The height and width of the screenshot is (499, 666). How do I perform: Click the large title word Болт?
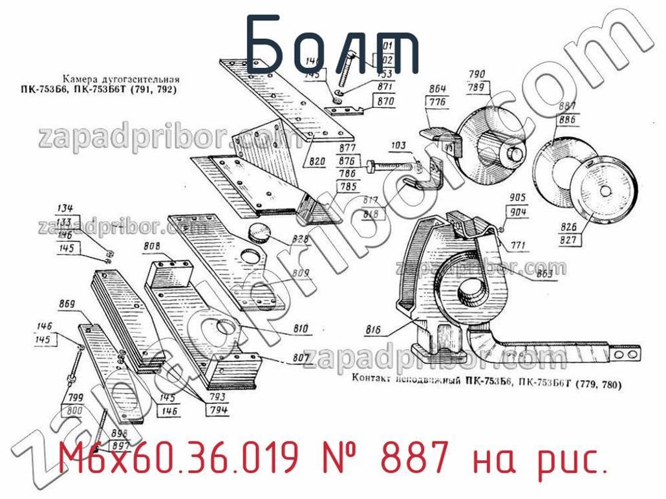[x=332, y=45]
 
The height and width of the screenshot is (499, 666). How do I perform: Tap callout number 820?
[x=317, y=162]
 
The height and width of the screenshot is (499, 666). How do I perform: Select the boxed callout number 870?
[x=385, y=101]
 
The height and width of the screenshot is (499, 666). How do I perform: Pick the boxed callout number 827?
[x=569, y=240]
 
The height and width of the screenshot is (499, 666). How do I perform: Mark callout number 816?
[x=373, y=330]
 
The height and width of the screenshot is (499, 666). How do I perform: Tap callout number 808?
[x=153, y=246]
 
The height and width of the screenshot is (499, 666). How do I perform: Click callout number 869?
[x=67, y=304]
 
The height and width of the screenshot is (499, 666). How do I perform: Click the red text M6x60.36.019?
[x=180, y=460]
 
